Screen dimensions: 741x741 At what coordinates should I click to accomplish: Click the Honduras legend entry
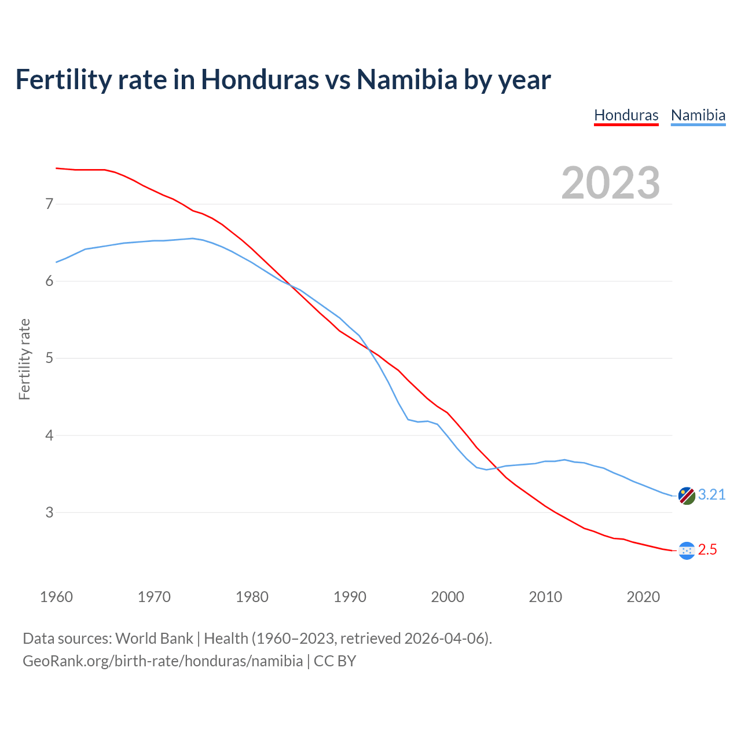pyautogui.click(x=626, y=115)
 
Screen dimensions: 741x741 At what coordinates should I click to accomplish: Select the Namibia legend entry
pyautogui.click(x=698, y=115)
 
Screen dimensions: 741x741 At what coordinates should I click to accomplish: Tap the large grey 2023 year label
pyautogui.click(x=611, y=183)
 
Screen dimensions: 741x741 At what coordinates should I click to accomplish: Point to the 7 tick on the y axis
pyautogui.click(x=49, y=204)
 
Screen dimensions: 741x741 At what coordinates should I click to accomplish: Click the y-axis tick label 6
pyautogui.click(x=49, y=281)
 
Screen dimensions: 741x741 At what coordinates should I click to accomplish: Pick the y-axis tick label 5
pyautogui.click(x=49, y=358)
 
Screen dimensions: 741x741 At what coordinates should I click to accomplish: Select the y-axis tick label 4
pyautogui.click(x=49, y=435)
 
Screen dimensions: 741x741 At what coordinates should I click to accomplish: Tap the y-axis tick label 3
pyautogui.click(x=49, y=512)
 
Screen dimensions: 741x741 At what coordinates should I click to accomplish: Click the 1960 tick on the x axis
pyautogui.click(x=56, y=596)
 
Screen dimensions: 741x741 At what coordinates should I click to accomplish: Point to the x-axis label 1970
pyautogui.click(x=154, y=596)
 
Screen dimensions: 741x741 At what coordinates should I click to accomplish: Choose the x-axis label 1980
pyautogui.click(x=252, y=596)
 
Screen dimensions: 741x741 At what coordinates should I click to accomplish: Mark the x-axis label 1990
pyautogui.click(x=350, y=596)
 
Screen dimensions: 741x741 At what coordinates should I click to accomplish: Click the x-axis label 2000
pyautogui.click(x=447, y=596)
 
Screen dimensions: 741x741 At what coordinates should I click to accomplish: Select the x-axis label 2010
pyautogui.click(x=545, y=596)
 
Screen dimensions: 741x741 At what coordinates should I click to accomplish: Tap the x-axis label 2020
pyautogui.click(x=643, y=596)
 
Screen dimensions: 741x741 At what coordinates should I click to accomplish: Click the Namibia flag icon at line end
pyautogui.click(x=687, y=496)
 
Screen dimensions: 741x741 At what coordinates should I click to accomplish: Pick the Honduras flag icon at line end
pyautogui.click(x=687, y=551)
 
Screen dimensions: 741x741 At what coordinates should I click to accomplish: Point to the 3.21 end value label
pyautogui.click(x=711, y=494)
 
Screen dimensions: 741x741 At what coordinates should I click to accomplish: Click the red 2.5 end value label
pyautogui.click(x=707, y=549)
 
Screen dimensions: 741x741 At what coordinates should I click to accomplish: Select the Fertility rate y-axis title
pyautogui.click(x=24, y=359)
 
